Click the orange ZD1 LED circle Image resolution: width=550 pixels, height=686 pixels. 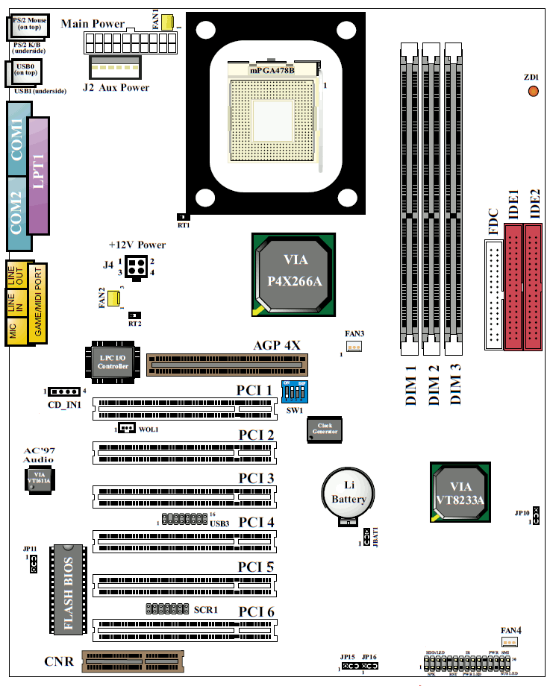533,91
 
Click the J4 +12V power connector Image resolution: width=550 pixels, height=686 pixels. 137,268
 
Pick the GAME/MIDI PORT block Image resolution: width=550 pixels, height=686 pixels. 39,303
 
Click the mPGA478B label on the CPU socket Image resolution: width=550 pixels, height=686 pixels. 272,70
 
